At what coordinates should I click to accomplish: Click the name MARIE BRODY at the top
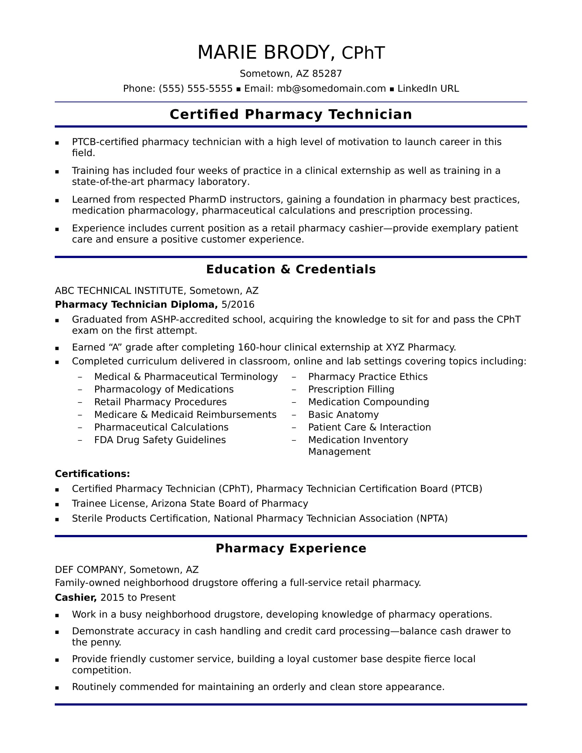point(263,53)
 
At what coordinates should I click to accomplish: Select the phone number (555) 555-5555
point(195,89)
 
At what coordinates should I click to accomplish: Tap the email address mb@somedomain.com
point(331,89)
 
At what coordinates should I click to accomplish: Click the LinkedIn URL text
point(428,89)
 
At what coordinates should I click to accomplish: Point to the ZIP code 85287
point(327,74)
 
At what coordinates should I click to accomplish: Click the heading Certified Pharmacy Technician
point(291,114)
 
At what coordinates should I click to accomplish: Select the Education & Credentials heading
point(291,269)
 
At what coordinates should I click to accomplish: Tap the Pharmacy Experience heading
point(291,548)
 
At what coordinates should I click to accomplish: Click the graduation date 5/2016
point(238,304)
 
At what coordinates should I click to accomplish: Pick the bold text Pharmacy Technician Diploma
point(136,304)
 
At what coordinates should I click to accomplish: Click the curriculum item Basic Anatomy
point(343,414)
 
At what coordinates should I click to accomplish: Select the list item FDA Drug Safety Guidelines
point(160,440)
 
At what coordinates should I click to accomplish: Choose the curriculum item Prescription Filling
point(351,389)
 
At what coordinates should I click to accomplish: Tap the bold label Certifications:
point(92,474)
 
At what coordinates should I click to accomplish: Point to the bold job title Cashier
point(76,598)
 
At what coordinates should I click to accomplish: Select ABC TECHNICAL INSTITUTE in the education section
point(118,291)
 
